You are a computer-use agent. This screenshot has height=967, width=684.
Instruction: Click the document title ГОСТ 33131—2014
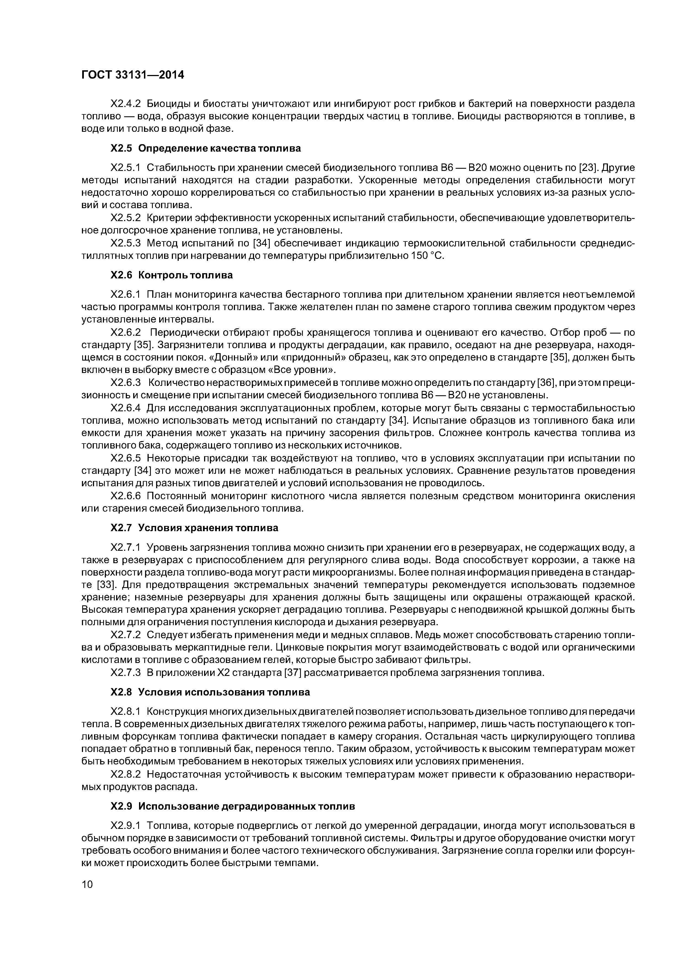tap(133, 75)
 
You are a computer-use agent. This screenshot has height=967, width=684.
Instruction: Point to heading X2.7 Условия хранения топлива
tap(194, 528)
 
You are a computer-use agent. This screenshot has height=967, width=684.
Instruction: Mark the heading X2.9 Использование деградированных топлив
tap(232, 806)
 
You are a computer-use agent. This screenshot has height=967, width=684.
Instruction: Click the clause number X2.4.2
tap(125, 104)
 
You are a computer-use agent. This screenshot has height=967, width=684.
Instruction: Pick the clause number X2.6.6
tap(125, 496)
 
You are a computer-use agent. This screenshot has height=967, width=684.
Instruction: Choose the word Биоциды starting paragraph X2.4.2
tap(167, 104)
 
